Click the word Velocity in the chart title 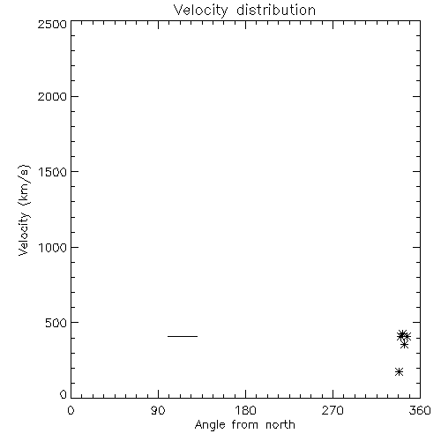(x=200, y=11)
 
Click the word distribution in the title (x=276, y=10)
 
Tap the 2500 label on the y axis (x=52, y=24)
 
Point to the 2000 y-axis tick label (x=52, y=97)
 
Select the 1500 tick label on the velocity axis (x=53, y=172)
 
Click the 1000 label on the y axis (x=53, y=248)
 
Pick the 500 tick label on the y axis (x=56, y=323)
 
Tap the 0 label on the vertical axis (x=64, y=394)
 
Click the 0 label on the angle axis (x=71, y=410)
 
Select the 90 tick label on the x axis (x=158, y=410)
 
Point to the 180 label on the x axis (x=245, y=410)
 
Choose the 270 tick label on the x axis (x=333, y=410)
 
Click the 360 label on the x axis (x=420, y=410)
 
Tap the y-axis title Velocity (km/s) (x=24, y=210)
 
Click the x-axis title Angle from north (x=245, y=425)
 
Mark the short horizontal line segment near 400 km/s (x=183, y=336)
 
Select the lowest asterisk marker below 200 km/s (x=399, y=371)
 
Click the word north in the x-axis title (x=280, y=424)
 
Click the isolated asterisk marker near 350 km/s (x=405, y=345)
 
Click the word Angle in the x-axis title (x=210, y=425)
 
